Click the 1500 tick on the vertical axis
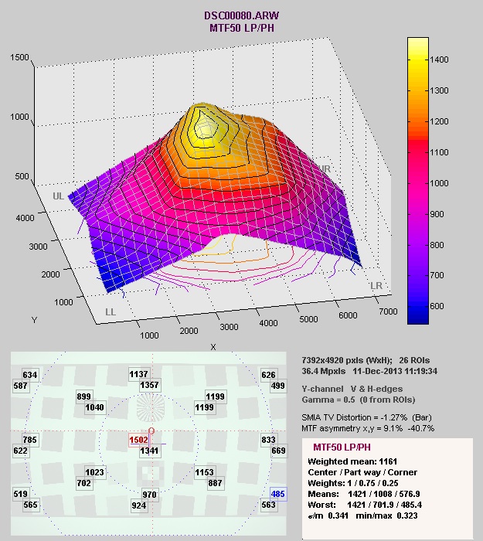pyautogui.click(x=20, y=58)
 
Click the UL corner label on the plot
pyautogui.click(x=58, y=196)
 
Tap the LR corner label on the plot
pyautogui.click(x=376, y=286)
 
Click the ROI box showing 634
pyautogui.click(x=29, y=376)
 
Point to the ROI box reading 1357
pyautogui.click(x=151, y=385)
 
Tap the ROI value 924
pyautogui.click(x=140, y=505)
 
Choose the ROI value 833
pyautogui.click(x=268, y=440)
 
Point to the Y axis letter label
pyautogui.click(x=33, y=319)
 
